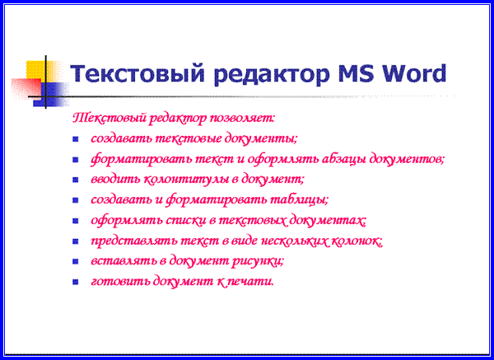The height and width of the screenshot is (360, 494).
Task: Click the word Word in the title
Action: point(414,73)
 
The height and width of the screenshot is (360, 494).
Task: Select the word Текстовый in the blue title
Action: point(137,74)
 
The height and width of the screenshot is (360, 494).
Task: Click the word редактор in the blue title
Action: point(271,76)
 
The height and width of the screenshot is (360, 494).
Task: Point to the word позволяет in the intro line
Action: point(242,118)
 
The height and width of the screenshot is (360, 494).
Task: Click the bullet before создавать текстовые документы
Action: point(75,138)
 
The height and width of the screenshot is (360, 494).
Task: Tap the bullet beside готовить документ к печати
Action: point(75,282)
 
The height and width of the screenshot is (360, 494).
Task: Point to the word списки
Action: point(185,220)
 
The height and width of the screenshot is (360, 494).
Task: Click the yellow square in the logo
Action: point(35,70)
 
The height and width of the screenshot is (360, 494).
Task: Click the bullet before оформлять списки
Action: point(75,221)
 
